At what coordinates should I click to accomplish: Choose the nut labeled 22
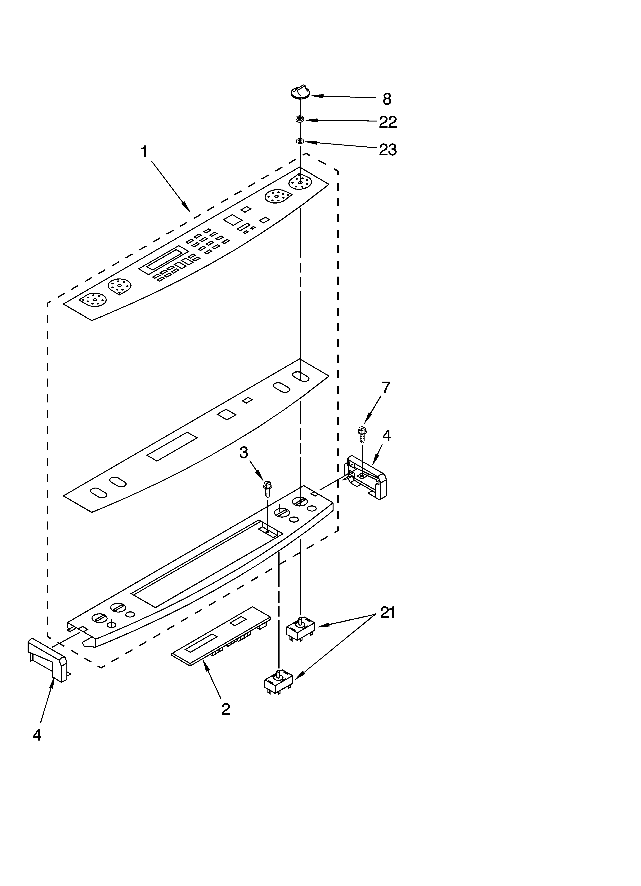point(300,120)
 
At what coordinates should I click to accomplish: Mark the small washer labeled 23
point(300,141)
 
